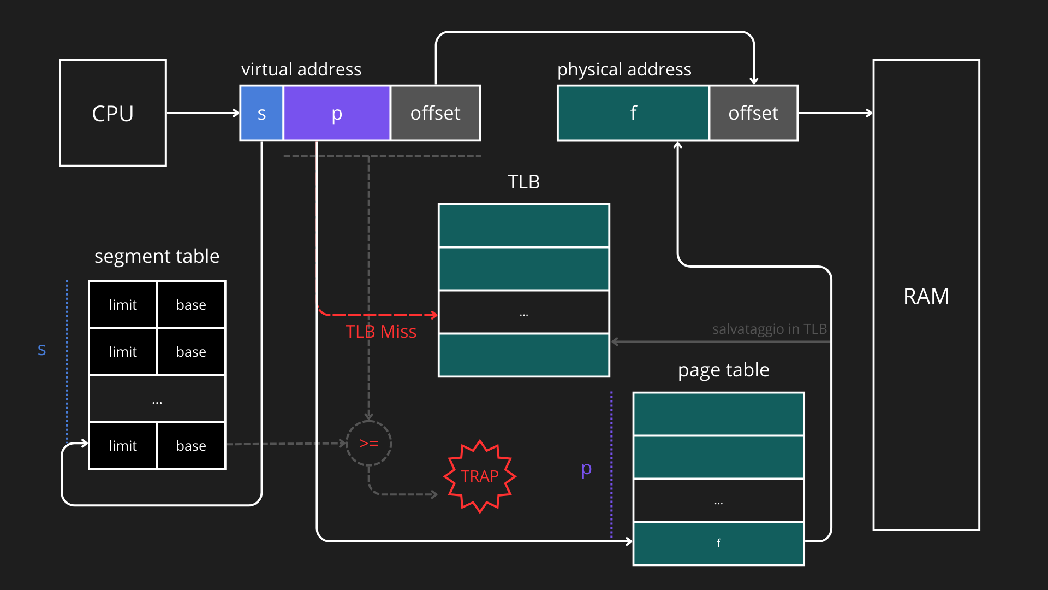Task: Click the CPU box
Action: pyautogui.click(x=113, y=113)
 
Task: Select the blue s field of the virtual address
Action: pyautogui.click(x=261, y=113)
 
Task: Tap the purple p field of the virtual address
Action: pyautogui.click(x=337, y=113)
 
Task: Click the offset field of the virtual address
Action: pyautogui.click(x=436, y=113)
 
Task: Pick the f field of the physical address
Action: pyautogui.click(x=633, y=113)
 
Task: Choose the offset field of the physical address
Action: pyautogui.click(x=753, y=113)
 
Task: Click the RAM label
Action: pyautogui.click(x=926, y=296)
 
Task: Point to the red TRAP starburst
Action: pyautogui.click(x=480, y=476)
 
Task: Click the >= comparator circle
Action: pyautogui.click(x=369, y=443)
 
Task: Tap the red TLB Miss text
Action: pyautogui.click(x=381, y=332)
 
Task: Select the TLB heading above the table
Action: pyautogui.click(x=523, y=182)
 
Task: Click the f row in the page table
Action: pyautogui.click(x=718, y=543)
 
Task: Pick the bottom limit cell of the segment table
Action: pyautogui.click(x=123, y=446)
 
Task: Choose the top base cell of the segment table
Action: pyautogui.click(x=191, y=305)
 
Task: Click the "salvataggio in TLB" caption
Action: pyautogui.click(x=770, y=329)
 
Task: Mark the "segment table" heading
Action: pyautogui.click(x=157, y=256)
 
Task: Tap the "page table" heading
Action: pyautogui.click(x=723, y=370)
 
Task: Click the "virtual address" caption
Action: pyautogui.click(x=301, y=69)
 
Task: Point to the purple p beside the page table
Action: pyautogui.click(x=587, y=469)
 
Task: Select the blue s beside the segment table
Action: pyautogui.click(x=42, y=350)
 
